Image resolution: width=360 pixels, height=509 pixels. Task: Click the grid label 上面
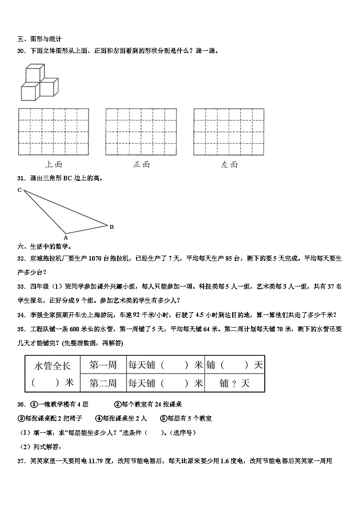click(54, 164)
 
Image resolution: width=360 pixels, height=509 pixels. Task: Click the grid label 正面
click(141, 164)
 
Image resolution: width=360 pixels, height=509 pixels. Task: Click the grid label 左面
click(229, 164)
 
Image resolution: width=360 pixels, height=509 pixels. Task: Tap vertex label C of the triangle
click(19, 190)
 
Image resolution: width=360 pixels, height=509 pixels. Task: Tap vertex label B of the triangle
click(112, 227)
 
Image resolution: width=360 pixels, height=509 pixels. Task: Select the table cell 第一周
click(103, 365)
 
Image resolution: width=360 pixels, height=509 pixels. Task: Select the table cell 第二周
click(103, 383)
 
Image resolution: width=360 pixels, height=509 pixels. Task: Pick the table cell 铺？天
click(234, 383)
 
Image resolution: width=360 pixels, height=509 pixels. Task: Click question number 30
click(21, 51)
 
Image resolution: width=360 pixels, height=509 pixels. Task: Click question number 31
click(21, 178)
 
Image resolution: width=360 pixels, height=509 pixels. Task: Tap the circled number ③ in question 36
click(21, 418)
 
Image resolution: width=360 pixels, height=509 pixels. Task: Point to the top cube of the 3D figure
click(34, 73)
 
